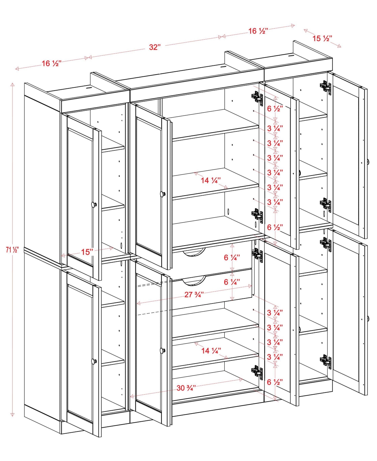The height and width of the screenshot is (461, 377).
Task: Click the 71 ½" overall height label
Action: pos(12,250)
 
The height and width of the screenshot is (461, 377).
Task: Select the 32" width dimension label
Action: pos(155,47)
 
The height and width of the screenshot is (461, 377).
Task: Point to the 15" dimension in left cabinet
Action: pos(87,252)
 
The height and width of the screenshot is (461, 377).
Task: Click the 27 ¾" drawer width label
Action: pos(194,295)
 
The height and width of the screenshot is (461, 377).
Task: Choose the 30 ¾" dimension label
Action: pos(186,388)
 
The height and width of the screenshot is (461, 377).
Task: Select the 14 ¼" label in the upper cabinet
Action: pos(210,181)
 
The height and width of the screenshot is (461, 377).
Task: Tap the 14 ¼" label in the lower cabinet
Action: pos(211,351)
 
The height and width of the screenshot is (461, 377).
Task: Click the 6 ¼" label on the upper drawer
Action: pos(232,258)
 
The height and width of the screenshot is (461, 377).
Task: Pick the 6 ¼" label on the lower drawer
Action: pos(232,282)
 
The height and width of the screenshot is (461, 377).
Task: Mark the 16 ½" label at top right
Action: pos(258,31)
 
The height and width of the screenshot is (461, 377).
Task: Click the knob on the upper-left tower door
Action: pos(94,204)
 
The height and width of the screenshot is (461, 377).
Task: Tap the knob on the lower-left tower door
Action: pos(94,362)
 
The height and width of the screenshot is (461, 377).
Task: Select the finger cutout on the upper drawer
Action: pos(194,253)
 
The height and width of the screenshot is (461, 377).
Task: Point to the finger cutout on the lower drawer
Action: pos(194,281)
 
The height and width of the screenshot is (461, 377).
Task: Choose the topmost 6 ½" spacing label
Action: pos(275,109)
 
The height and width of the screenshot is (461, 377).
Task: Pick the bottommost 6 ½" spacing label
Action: pos(275,382)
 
